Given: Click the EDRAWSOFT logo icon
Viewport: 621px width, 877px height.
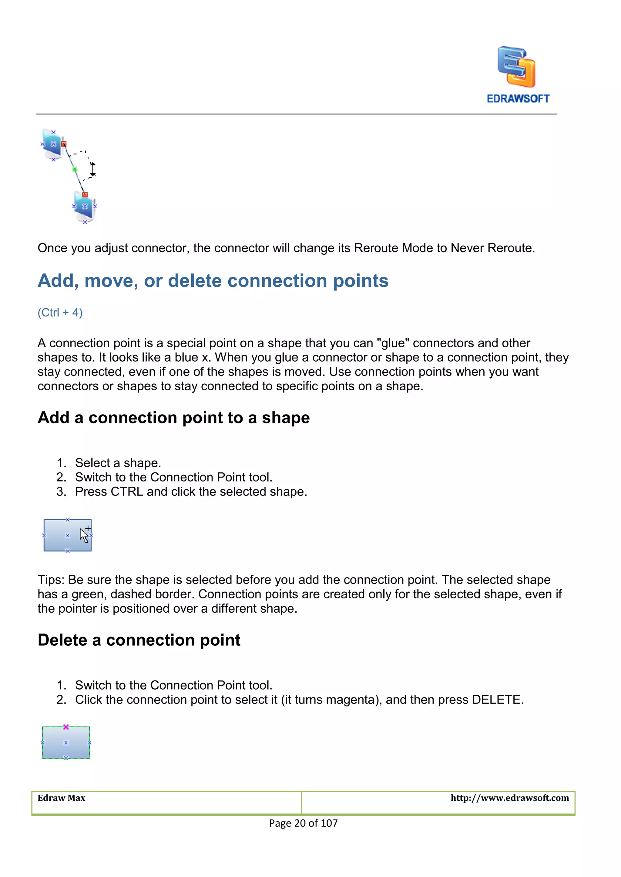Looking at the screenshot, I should tap(516, 67).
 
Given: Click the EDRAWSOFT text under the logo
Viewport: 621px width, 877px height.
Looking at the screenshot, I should tap(518, 98).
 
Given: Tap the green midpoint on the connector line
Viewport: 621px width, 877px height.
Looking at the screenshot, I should tap(75, 169).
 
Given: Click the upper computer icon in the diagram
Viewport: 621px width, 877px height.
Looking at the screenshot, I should tap(53, 144).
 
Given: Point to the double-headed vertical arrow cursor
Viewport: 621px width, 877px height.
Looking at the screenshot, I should tap(93, 169).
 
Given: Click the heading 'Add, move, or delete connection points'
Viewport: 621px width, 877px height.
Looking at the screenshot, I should tap(213, 281).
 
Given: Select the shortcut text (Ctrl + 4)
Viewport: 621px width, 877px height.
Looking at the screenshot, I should tap(60, 313).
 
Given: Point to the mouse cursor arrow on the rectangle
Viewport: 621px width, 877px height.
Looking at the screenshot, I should tap(84, 535).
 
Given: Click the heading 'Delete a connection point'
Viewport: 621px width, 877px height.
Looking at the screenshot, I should tap(139, 640).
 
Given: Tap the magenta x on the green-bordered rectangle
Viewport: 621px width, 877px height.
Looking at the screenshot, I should tap(66, 727).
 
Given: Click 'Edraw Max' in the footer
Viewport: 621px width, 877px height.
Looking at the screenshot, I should tap(61, 798).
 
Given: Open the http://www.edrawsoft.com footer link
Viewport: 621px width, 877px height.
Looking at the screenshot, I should tap(509, 798).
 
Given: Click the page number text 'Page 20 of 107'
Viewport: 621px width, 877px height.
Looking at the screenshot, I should tap(303, 823).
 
